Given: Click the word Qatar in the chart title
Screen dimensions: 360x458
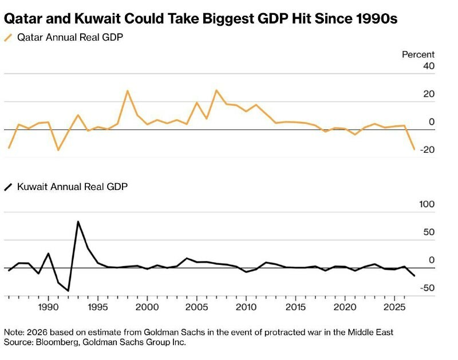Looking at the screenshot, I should (23, 18).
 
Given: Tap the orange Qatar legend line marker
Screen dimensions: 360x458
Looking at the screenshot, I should (8, 38).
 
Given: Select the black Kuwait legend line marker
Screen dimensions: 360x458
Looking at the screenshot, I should (8, 187).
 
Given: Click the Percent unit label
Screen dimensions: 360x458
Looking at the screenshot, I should (418, 54).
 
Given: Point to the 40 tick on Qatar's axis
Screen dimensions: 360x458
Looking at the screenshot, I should (429, 66).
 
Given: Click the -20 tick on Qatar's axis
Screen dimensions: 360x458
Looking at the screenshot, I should (427, 150).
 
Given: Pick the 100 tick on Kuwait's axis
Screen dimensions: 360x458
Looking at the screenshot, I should (427, 204).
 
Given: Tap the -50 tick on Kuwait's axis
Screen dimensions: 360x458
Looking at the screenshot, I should (427, 288).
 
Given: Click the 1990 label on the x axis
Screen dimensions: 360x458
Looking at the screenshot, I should (48, 306).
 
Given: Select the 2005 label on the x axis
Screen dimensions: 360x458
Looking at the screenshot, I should (196, 306).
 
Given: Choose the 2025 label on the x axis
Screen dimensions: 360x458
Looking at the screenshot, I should (394, 306).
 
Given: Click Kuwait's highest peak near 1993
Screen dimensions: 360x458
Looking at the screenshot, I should (78, 221).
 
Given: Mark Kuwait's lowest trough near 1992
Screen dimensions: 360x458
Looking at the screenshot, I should (68, 291).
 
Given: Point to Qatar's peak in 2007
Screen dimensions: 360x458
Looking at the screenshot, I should (216, 90).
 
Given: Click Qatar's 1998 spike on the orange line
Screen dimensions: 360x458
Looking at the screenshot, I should (127, 90).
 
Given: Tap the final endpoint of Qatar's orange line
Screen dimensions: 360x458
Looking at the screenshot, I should (414, 149).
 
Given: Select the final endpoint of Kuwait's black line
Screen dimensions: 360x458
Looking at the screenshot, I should (414, 276).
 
